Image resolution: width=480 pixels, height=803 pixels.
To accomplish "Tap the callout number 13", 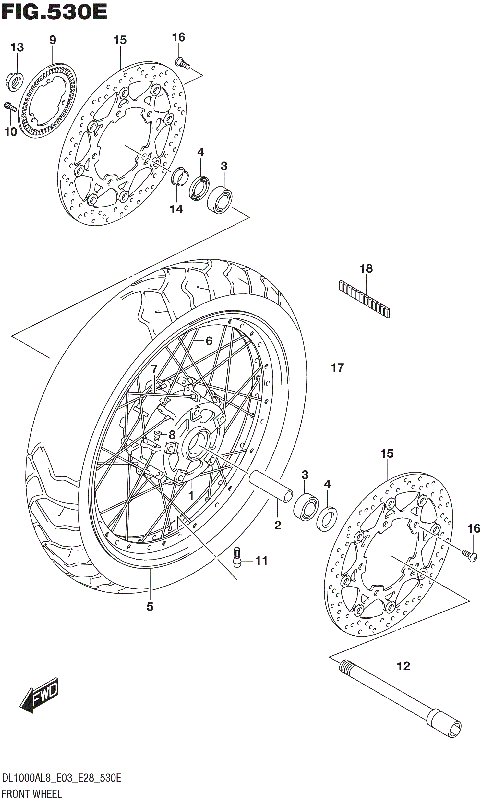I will (16, 48).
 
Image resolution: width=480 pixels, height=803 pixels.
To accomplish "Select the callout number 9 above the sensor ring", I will (52, 39).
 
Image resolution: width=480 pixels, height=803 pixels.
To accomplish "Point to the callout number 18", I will (366, 269).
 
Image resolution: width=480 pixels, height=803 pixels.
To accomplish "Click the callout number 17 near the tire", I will (337, 368).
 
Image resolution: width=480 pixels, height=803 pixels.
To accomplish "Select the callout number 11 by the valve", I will (261, 561).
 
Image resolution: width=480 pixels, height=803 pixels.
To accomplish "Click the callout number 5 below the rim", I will (150, 606).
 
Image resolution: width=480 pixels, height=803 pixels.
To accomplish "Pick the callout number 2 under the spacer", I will (278, 524).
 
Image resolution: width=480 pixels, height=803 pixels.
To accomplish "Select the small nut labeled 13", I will (15, 80).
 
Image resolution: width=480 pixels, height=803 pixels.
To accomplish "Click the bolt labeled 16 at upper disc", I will (183, 63).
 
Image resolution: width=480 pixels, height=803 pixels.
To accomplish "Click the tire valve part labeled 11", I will (237, 558).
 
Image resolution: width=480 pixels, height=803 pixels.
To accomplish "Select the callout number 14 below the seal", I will (176, 209).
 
